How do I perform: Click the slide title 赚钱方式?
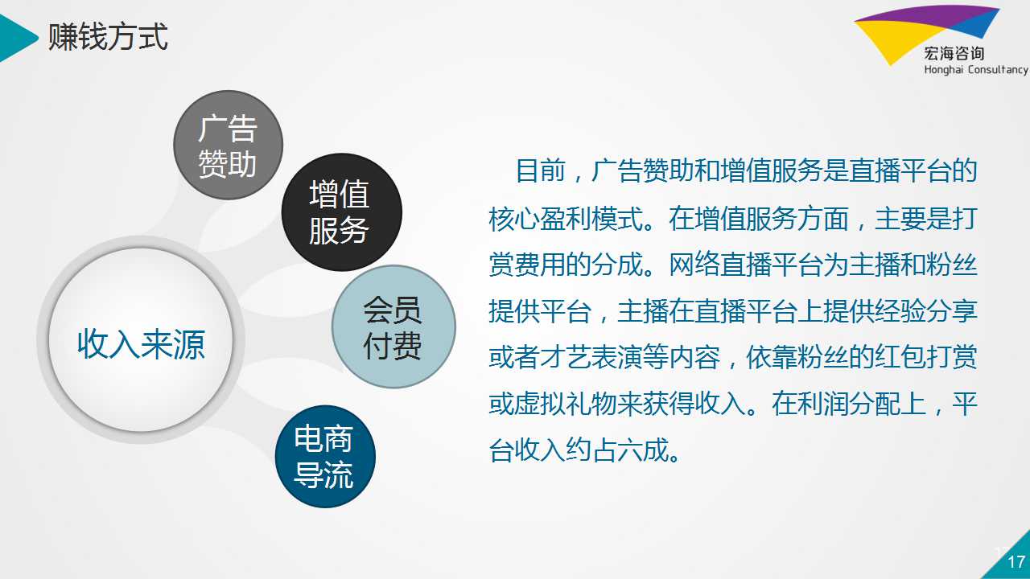point(108,37)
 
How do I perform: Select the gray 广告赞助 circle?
point(228,146)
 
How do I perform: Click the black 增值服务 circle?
point(342,212)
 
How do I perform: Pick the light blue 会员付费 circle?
point(393,326)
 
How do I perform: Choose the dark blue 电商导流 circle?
point(325,456)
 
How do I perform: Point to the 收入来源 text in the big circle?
point(141,343)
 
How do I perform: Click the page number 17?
point(1016,561)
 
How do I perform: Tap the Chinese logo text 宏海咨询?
point(954,54)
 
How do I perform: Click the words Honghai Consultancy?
point(976,70)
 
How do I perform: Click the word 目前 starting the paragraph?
point(541,171)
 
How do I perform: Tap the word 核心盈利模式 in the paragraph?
point(566,218)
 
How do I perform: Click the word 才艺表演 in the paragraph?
point(591,357)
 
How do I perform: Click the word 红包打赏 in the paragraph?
point(926,357)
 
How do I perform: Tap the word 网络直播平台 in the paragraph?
point(745,265)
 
